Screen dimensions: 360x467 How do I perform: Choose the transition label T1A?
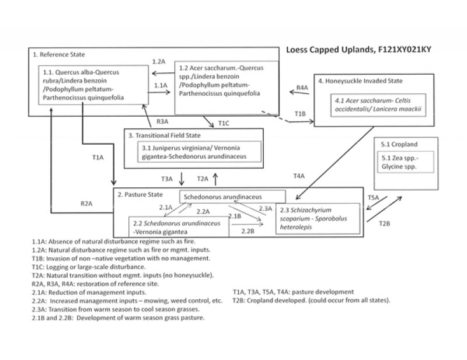98,158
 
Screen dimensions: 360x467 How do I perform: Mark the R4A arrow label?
302,88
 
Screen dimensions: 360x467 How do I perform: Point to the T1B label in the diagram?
300,114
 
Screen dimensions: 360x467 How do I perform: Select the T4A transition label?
299,176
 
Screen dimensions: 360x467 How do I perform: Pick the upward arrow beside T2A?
215,177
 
